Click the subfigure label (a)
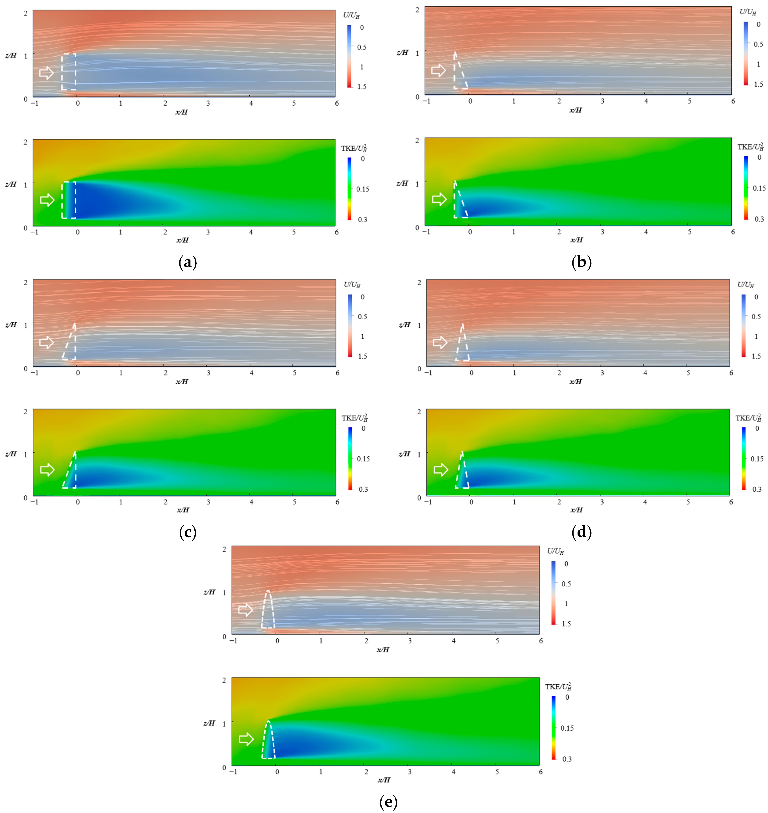click(188, 262)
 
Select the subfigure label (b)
click(581, 262)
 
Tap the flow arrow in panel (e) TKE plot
click(246, 739)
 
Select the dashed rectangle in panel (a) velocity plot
click(69, 72)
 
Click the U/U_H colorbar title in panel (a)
click(351, 15)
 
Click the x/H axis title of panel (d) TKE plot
click(576, 510)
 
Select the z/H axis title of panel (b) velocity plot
click(402, 52)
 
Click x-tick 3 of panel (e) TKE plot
click(410, 772)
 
